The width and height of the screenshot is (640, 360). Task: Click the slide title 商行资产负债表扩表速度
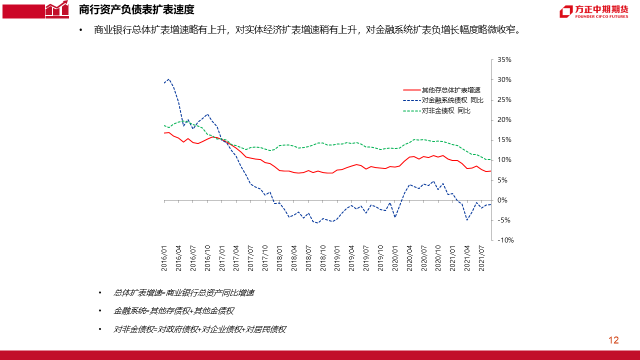pyautogui.click(x=136, y=9)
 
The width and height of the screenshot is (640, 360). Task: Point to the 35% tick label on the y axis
pyautogui.click(x=504, y=60)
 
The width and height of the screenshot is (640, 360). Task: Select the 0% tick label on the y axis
pyautogui.click(x=502, y=200)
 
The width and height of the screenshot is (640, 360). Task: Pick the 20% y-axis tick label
pyautogui.click(x=504, y=120)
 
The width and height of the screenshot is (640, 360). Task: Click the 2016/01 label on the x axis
pyautogui.click(x=164, y=259)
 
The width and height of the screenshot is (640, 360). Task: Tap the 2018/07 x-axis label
pyautogui.click(x=308, y=259)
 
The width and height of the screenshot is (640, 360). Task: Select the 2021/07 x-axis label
pyautogui.click(x=481, y=259)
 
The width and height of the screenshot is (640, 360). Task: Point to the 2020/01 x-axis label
pyautogui.click(x=395, y=259)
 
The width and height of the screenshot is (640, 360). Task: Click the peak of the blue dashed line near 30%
pyautogui.click(x=169, y=79)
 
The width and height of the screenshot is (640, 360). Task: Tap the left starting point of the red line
pyautogui.click(x=164, y=133)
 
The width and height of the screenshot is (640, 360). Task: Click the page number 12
pyautogui.click(x=613, y=340)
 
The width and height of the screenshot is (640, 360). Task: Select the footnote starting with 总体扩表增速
pyautogui.click(x=183, y=293)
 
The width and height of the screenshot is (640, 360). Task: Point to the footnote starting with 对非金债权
pyautogui.click(x=199, y=329)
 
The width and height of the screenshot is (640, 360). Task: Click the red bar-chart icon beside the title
pyautogui.click(x=56, y=9)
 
